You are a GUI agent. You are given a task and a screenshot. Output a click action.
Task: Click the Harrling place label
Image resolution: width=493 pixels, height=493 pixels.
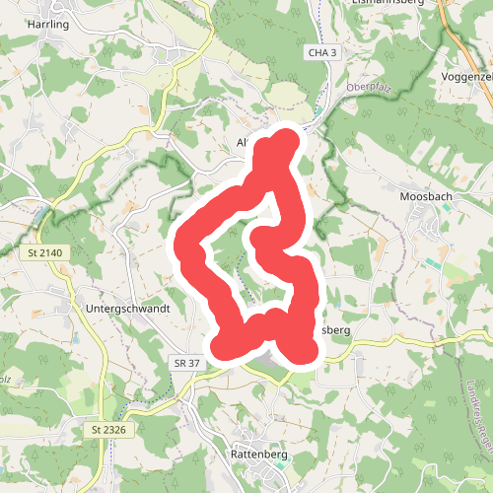tap(48, 24)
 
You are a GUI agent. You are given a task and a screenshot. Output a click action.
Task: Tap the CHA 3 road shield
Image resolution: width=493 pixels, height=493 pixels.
tap(321, 52)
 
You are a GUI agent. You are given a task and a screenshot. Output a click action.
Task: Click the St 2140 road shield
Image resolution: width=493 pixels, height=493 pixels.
tap(40, 253)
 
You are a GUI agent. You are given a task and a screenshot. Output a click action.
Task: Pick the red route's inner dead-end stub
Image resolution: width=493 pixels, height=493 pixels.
tap(261, 238)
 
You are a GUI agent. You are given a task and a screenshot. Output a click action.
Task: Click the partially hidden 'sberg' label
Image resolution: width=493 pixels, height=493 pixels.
tap(335, 330)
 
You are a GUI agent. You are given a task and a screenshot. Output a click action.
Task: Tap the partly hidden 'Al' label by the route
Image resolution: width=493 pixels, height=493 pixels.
tap(243, 142)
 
